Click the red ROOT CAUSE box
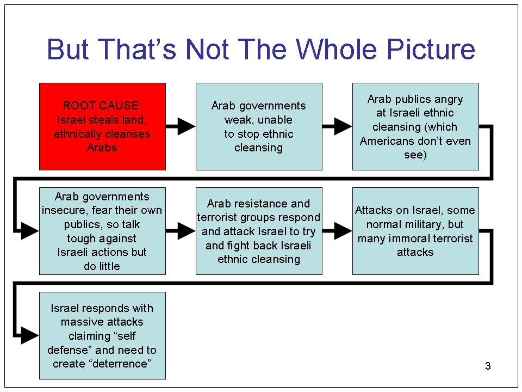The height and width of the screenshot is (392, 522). (x=103, y=127)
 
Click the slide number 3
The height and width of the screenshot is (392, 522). (x=488, y=366)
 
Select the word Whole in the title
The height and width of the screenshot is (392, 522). (x=337, y=50)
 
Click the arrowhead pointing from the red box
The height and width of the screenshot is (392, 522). (x=187, y=126)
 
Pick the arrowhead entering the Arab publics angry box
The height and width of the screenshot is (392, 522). (x=343, y=126)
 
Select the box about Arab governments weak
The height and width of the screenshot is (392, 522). (x=259, y=127)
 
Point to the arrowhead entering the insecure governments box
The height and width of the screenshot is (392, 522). (x=29, y=231)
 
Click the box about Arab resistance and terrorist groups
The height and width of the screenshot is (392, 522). (x=259, y=231)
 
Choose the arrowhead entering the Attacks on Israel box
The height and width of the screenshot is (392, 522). (x=343, y=231)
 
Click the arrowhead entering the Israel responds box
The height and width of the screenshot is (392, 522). (x=29, y=335)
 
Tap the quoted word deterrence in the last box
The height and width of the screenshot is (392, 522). (x=120, y=364)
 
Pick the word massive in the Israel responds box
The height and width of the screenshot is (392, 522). (x=80, y=322)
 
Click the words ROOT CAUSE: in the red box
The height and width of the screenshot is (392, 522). (x=102, y=106)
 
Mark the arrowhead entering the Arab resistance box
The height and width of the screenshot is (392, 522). (x=187, y=231)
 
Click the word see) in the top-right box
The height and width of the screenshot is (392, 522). (x=415, y=155)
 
